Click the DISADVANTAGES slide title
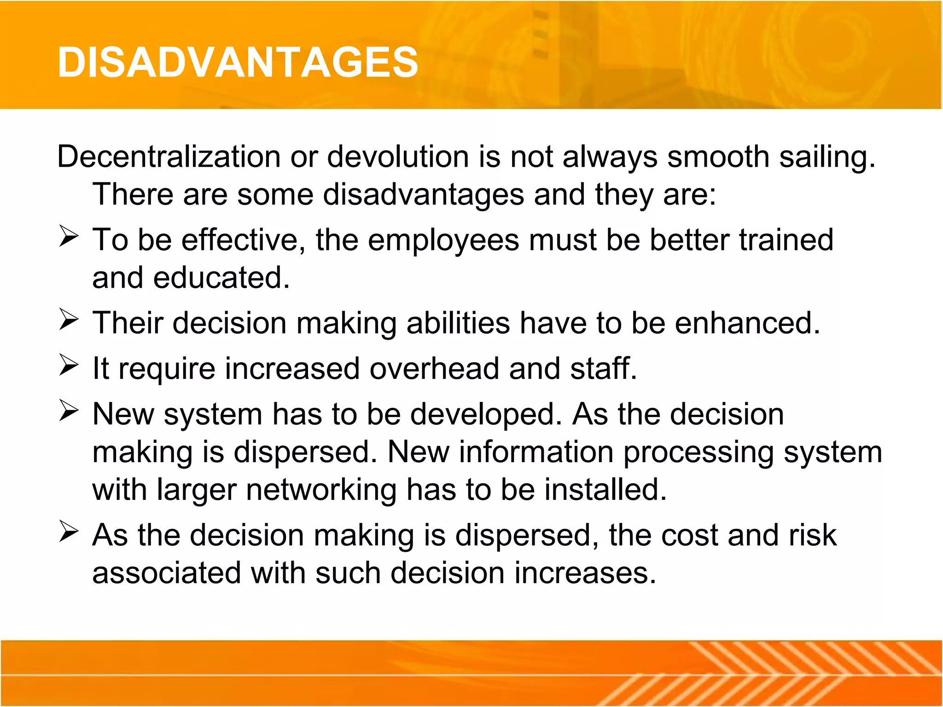pos(238,63)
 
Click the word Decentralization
pos(169,157)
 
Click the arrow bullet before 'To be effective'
pos(69,237)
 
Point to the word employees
pos(443,241)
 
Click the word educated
pos(221,278)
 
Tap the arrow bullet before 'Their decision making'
pos(69,320)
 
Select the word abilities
pos(458,323)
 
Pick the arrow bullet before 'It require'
pos(69,365)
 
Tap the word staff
pos(603,369)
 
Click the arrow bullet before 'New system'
pos(69,411)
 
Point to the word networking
pos(321,490)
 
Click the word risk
pos(813,535)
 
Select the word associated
pos(167,573)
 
